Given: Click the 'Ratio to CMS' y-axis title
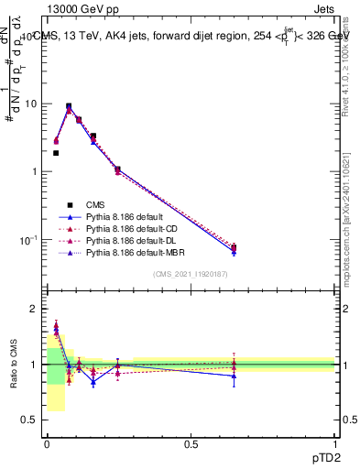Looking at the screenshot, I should click(14, 365).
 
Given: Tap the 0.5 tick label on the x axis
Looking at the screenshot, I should click(191, 442).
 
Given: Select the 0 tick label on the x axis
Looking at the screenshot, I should click(47, 442).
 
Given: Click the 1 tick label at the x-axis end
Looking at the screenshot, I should click(334, 442).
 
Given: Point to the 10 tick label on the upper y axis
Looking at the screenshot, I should click(31, 104).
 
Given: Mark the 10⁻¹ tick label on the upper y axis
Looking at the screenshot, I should click(29, 240).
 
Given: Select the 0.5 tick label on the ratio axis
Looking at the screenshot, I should click(32, 420).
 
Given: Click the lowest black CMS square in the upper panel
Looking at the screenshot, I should click(234, 247).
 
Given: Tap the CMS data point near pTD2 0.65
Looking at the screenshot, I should click(234, 247).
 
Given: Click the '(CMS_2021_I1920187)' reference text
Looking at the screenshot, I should click(191, 273).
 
